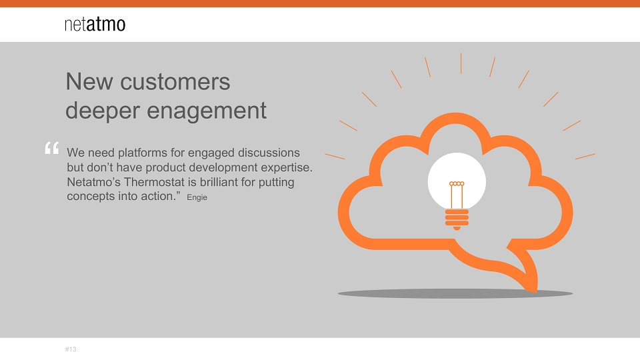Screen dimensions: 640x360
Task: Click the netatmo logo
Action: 95,24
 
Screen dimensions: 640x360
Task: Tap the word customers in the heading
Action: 175,81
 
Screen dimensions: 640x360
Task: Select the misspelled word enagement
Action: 207,111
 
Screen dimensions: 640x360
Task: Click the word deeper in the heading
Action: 103,111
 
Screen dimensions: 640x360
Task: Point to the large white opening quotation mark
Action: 52,148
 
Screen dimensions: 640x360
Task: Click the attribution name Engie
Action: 197,197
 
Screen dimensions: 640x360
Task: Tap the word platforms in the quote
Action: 143,153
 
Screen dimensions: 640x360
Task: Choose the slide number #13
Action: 71,349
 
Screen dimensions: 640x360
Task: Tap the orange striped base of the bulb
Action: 457,219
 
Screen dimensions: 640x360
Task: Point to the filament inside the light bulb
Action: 457,195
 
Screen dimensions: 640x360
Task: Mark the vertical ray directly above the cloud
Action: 461,63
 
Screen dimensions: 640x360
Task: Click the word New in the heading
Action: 89,81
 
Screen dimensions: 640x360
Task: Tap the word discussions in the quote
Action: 269,153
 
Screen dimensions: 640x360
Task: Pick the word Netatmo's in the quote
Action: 93,181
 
